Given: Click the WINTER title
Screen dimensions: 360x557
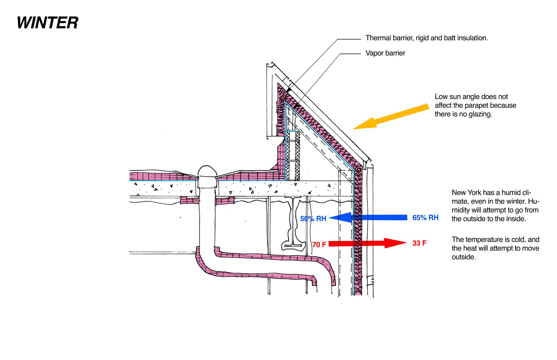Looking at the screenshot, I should (47, 23).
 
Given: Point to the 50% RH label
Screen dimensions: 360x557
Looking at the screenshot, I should (313, 219).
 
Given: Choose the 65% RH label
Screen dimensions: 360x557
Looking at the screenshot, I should (425, 218).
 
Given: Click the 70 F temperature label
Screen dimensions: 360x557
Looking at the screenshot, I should (319, 245).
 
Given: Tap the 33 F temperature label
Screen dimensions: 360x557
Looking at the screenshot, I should (419, 243).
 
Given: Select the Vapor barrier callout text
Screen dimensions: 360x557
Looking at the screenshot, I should (385, 53).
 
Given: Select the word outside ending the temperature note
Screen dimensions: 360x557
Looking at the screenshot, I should (463, 257).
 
